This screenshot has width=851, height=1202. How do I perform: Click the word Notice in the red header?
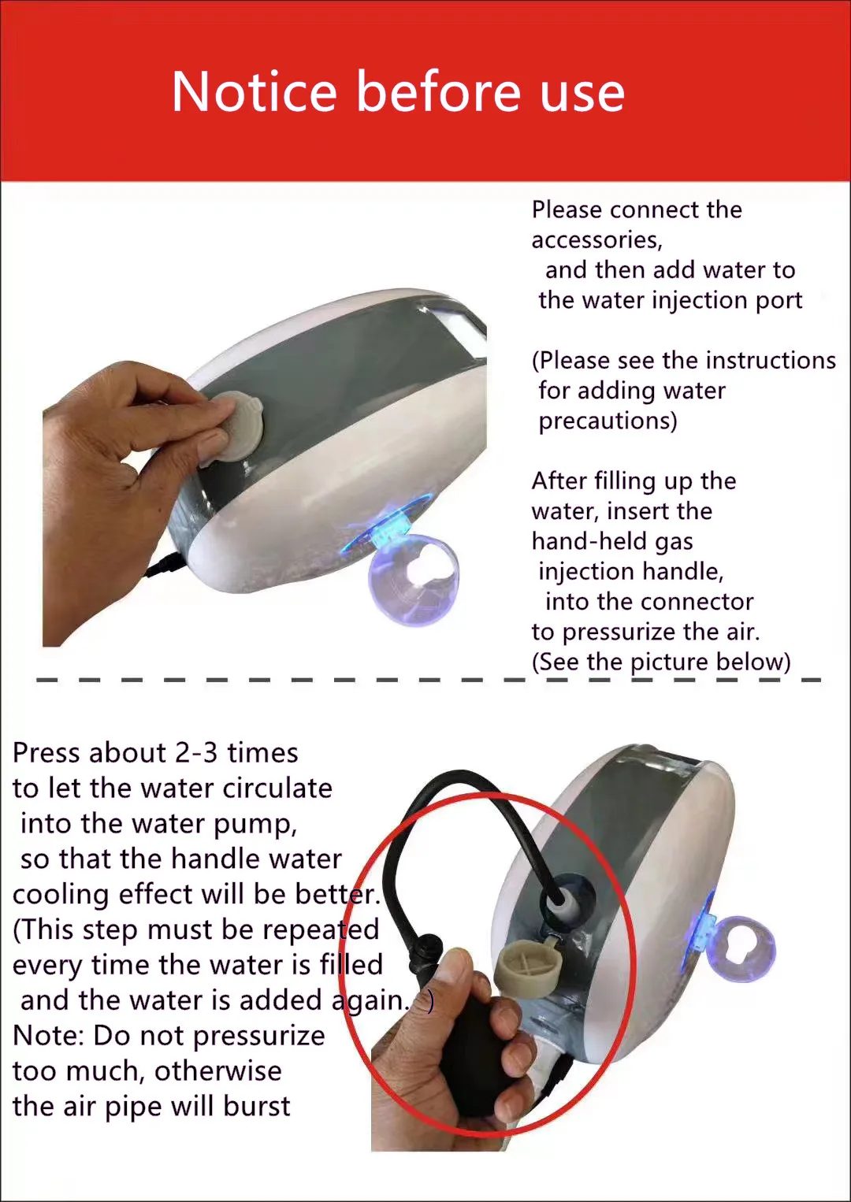coord(254,91)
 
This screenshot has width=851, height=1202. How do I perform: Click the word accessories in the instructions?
coord(597,240)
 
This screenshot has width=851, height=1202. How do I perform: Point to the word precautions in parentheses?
coord(608,421)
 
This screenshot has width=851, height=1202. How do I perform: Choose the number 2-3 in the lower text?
coord(196,752)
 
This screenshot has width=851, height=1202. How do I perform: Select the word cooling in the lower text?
coord(61,895)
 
